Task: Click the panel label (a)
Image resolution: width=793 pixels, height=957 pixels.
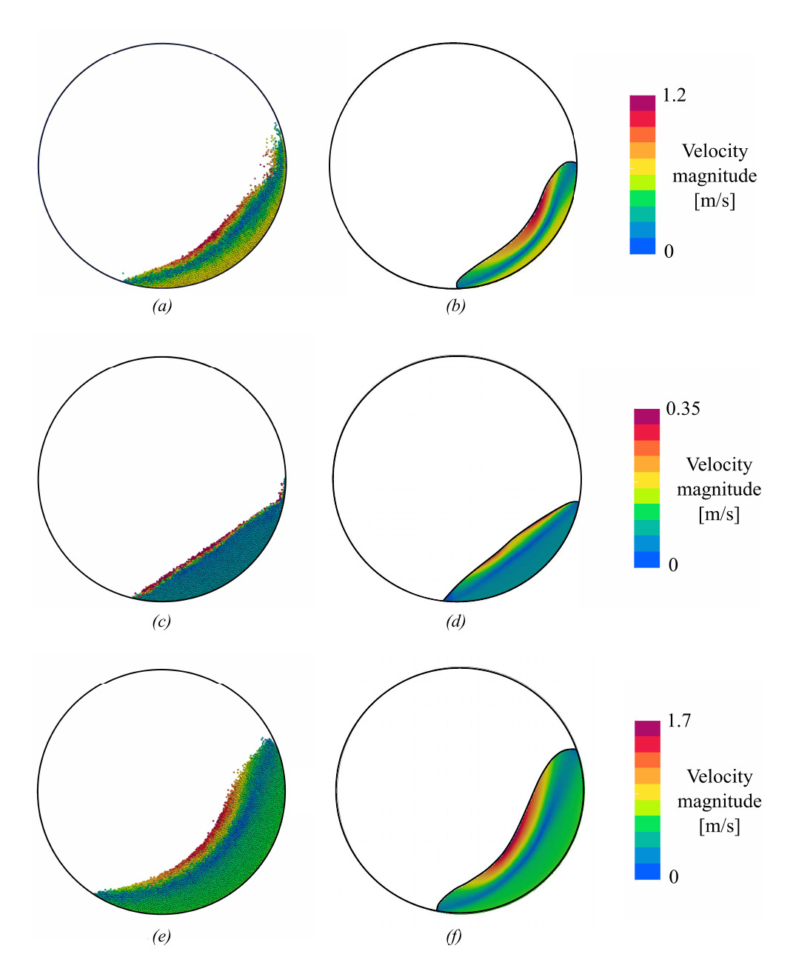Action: pyautogui.click(x=161, y=306)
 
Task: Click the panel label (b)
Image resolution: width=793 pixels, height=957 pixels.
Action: pyautogui.click(x=455, y=306)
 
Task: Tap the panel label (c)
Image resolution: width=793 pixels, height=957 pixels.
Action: pyautogui.click(x=161, y=621)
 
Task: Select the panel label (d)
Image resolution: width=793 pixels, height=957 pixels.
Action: pyautogui.click(x=455, y=621)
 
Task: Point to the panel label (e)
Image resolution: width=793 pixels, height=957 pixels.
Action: pyautogui.click(x=161, y=936)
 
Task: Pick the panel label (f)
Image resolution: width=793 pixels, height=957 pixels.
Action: pyautogui.click(x=454, y=936)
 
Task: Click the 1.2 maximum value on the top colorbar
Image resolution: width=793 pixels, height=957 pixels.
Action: pyautogui.click(x=674, y=96)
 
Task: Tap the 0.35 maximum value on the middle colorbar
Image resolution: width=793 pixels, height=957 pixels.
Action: pyautogui.click(x=683, y=409)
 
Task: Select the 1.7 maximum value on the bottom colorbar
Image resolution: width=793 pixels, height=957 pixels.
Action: pyautogui.click(x=679, y=721)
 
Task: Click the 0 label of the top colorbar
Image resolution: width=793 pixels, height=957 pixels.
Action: pyautogui.click(x=669, y=252)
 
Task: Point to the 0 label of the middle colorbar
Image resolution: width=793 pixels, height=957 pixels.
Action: pyautogui.click(x=673, y=565)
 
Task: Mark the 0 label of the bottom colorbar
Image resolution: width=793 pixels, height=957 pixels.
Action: pyautogui.click(x=674, y=877)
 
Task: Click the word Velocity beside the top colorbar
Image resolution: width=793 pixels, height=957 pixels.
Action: pyautogui.click(x=715, y=151)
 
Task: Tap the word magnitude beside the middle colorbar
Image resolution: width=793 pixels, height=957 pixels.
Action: pyautogui.click(x=719, y=490)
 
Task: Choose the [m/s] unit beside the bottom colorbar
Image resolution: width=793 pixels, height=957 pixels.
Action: pyautogui.click(x=720, y=826)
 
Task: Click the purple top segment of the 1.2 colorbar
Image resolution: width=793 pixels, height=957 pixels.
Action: pyautogui.click(x=643, y=102)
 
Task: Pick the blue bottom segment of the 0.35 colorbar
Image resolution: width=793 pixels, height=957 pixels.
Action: pyautogui.click(x=646, y=560)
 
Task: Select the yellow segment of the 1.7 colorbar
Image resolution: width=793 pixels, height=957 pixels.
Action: pyautogui.click(x=647, y=791)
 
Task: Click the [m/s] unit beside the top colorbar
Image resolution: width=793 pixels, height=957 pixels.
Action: pyautogui.click(x=715, y=201)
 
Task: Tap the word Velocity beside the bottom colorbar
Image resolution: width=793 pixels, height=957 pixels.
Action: pyautogui.click(x=720, y=776)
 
